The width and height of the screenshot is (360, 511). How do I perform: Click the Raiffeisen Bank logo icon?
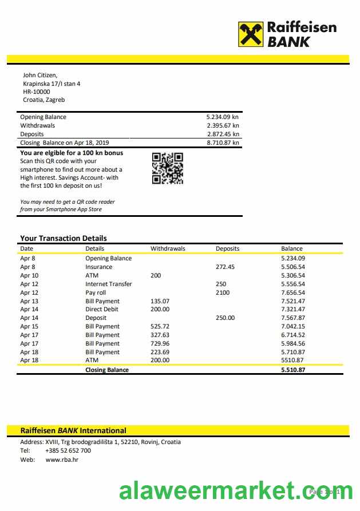click(251, 34)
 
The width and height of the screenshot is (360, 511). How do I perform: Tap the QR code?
click(168, 169)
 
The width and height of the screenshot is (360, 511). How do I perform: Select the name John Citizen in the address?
click(40, 75)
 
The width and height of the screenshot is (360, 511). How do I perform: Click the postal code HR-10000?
click(37, 92)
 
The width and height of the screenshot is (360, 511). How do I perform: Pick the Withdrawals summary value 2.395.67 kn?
click(223, 125)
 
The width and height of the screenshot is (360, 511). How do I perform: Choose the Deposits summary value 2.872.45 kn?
click(223, 134)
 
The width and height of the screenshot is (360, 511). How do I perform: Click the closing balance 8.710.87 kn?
click(223, 142)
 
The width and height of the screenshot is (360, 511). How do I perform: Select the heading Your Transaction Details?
click(64, 238)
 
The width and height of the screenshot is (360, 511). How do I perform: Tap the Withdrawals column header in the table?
click(168, 248)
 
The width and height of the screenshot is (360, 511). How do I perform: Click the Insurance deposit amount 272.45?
click(225, 267)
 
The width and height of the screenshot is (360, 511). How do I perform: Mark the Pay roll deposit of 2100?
click(223, 292)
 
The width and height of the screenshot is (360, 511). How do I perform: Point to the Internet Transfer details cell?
click(109, 284)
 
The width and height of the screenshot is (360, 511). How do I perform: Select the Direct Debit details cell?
click(102, 309)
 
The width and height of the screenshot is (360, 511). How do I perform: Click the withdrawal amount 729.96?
click(160, 343)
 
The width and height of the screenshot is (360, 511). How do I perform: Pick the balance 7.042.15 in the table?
click(293, 326)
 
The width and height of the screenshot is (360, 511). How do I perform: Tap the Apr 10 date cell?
click(29, 275)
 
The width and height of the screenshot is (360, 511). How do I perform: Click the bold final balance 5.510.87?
click(293, 370)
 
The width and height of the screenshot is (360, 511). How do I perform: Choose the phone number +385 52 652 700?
click(68, 450)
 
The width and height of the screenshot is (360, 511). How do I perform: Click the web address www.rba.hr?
click(62, 459)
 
